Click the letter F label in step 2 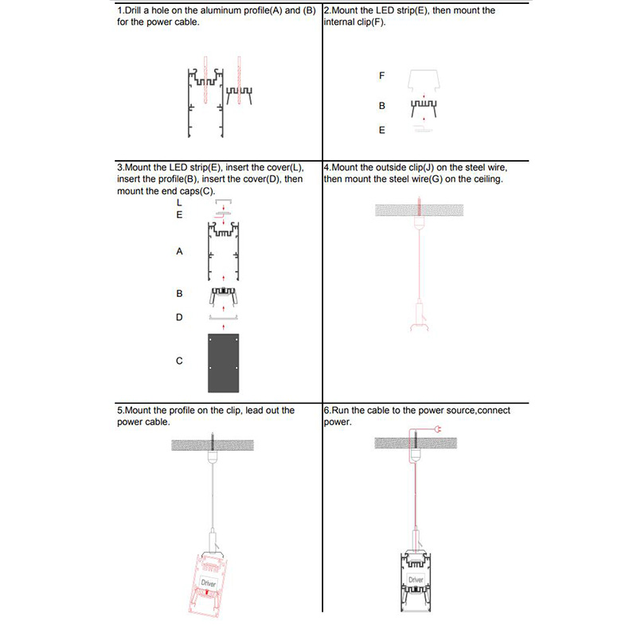click(x=382, y=76)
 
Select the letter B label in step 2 click(x=382, y=105)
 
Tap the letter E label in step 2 click(x=382, y=130)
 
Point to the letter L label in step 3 click(x=179, y=203)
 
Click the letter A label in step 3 click(x=179, y=251)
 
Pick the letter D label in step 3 click(x=179, y=317)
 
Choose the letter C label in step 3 click(x=179, y=361)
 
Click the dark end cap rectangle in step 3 click(x=224, y=362)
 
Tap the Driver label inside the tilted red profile click(x=209, y=584)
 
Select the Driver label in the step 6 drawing click(x=416, y=580)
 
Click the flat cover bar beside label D click(x=224, y=317)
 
